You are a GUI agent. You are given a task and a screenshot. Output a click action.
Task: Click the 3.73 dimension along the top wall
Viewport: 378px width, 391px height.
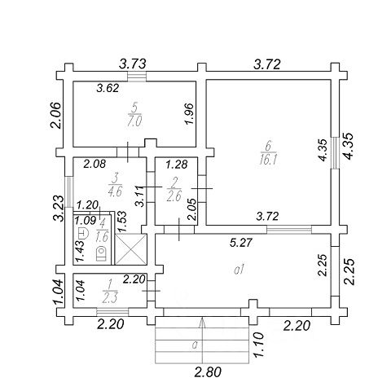(133, 64)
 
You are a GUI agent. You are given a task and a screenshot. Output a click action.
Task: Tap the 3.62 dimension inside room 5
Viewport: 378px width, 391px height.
(108, 88)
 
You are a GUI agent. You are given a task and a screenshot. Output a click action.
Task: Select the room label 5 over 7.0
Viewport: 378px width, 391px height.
(134, 116)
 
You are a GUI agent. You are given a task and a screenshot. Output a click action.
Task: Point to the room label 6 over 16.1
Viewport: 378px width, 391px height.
(268, 154)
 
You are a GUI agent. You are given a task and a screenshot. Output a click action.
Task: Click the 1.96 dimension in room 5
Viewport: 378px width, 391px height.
(189, 114)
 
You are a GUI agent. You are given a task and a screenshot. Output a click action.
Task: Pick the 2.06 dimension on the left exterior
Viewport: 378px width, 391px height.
(55, 115)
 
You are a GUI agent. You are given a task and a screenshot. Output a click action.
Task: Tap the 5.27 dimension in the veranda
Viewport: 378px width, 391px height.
(241, 243)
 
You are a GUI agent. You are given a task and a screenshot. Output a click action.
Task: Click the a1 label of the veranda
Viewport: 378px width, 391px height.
(240, 270)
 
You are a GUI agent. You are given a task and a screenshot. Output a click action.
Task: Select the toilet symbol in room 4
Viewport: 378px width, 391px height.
(101, 253)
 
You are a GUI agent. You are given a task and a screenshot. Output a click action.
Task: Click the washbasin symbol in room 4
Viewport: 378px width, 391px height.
(83, 233)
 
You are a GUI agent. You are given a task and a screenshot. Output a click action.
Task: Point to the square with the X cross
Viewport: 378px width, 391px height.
(131, 249)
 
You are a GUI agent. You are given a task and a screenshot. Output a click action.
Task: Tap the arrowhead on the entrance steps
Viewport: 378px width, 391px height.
(202, 323)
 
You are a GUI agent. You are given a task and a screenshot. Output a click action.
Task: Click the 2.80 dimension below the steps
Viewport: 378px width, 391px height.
(208, 371)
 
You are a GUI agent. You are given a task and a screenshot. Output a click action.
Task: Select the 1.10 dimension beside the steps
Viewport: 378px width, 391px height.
(258, 345)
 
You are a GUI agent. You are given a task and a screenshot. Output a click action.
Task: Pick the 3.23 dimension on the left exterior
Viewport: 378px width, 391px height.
(59, 209)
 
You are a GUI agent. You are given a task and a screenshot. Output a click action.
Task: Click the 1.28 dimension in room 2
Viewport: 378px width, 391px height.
(177, 165)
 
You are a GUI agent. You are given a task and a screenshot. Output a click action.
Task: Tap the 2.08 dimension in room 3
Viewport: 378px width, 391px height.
(94, 164)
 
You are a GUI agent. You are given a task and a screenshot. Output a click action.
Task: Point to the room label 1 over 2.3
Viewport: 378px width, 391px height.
(110, 292)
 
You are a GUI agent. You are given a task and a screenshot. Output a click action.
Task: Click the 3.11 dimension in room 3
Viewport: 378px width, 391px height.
(140, 195)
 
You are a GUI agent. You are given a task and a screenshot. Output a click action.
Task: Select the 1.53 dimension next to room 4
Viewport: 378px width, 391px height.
(122, 222)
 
